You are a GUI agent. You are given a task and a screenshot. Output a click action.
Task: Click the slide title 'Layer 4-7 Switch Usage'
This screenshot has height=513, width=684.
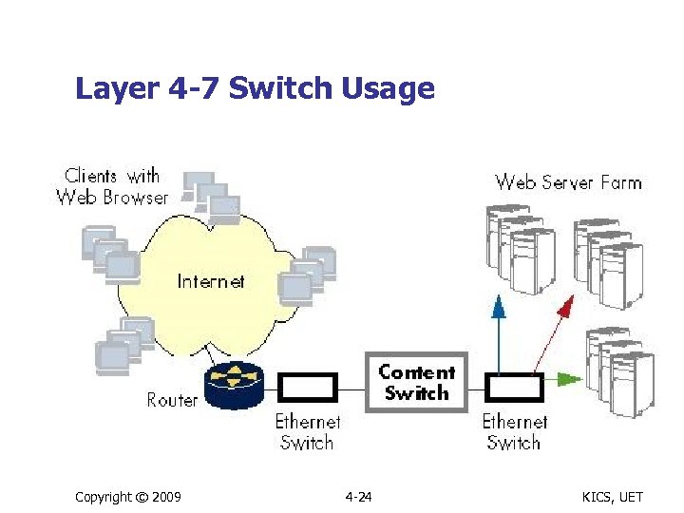pyautogui.click(x=255, y=88)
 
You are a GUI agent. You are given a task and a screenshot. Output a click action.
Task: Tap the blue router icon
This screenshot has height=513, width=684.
pyautogui.click(x=232, y=383)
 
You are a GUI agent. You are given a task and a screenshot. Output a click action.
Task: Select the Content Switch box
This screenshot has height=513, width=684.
pyautogui.click(x=417, y=382)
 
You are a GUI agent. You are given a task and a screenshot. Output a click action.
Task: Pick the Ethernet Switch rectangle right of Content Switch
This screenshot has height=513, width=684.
pyautogui.click(x=514, y=387)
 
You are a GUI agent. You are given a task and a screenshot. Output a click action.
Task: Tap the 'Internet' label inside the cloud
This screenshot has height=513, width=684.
pyautogui.click(x=211, y=281)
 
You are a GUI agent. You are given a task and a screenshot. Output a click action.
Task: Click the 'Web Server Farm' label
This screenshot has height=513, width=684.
pyautogui.click(x=568, y=181)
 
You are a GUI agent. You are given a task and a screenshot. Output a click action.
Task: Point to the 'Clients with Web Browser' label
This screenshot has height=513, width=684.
pyautogui.click(x=112, y=186)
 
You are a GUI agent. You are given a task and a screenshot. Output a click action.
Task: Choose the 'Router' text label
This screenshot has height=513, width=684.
pyautogui.click(x=172, y=400)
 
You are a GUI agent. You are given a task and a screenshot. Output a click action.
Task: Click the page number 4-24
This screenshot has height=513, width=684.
pyautogui.click(x=358, y=497)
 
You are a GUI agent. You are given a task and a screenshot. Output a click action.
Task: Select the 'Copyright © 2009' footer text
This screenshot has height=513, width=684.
pyautogui.click(x=128, y=497)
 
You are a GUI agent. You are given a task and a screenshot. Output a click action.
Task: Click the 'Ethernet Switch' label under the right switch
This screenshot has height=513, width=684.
pyautogui.click(x=515, y=431)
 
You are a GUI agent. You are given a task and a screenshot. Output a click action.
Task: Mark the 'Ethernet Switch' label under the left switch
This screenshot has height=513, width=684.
pyautogui.click(x=308, y=431)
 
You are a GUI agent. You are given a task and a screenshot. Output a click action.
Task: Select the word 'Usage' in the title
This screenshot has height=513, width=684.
pyautogui.click(x=390, y=88)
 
